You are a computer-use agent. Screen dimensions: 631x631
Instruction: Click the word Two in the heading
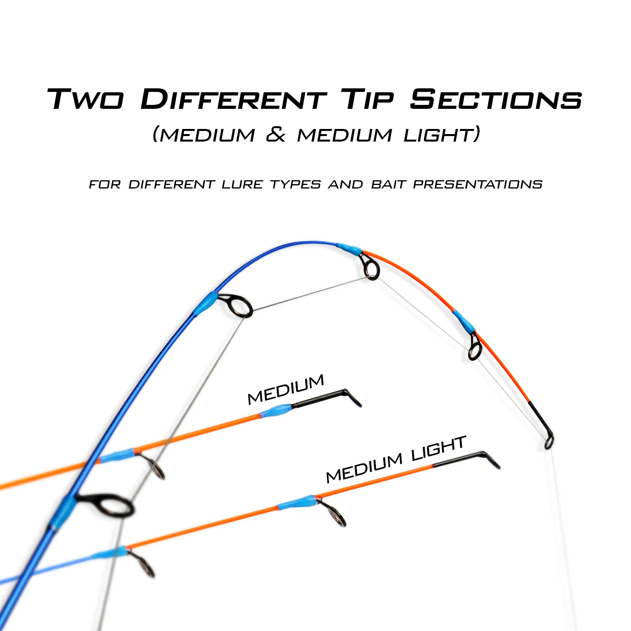coord(85,99)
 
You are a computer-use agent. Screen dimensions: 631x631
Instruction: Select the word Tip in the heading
coord(367,99)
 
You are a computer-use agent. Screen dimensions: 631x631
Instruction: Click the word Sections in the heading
coord(496,99)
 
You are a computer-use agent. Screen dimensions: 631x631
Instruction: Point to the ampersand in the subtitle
coord(276,135)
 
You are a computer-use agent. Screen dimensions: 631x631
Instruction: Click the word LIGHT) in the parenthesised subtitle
coord(442,135)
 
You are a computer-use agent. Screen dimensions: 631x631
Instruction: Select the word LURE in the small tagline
coord(242,185)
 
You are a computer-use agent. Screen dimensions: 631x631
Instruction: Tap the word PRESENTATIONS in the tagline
coord(478,185)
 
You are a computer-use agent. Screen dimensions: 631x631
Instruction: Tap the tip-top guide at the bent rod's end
coord(549,441)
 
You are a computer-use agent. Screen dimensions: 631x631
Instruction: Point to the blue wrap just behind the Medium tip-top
coord(278,411)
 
